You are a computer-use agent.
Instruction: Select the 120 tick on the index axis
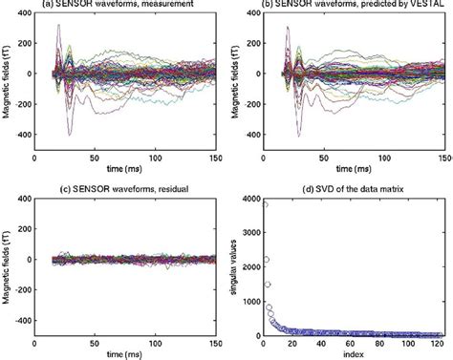438,344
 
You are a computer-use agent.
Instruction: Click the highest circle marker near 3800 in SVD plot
265,204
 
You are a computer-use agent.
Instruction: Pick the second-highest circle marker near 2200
267,259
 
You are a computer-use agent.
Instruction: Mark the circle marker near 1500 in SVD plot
268,284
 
